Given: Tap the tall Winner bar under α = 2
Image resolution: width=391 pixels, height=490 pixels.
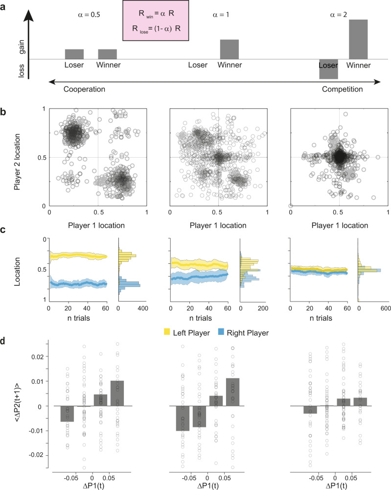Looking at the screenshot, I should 358,39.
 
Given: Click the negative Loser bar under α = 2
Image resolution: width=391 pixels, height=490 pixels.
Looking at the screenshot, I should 328,69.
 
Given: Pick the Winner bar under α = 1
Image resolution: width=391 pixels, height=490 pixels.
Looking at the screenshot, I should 230,49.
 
